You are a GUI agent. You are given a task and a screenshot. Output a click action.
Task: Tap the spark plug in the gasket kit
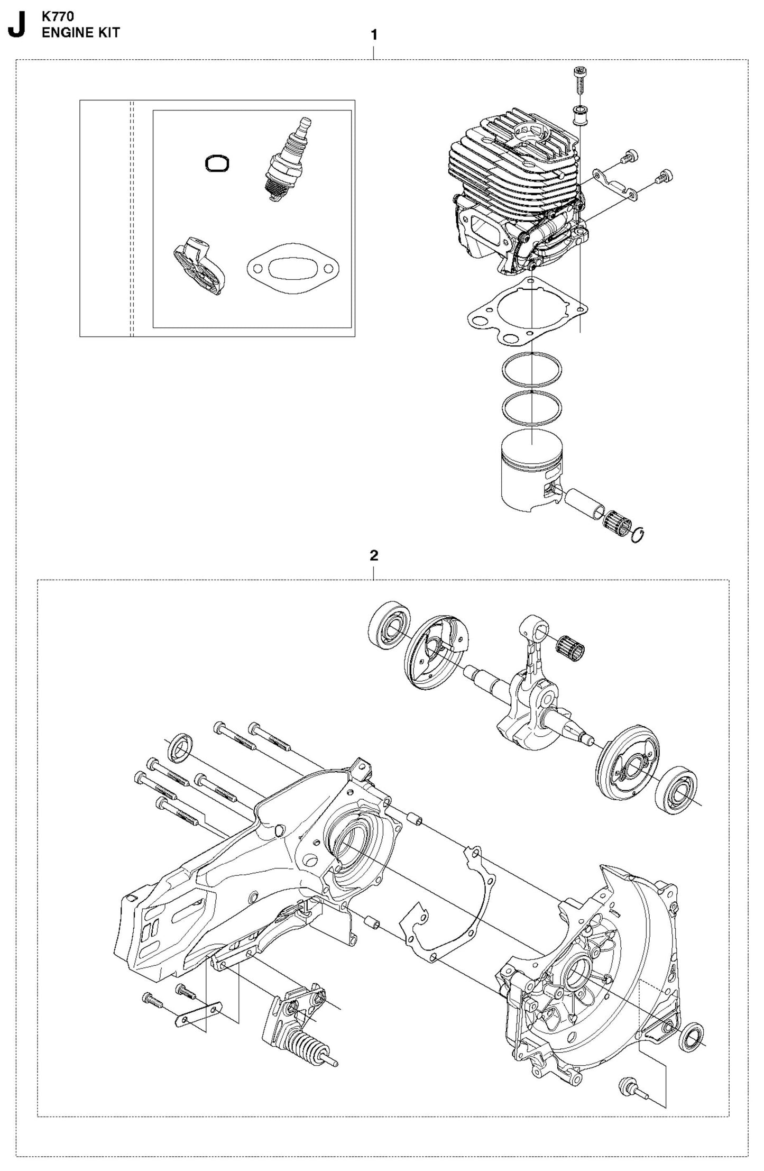tap(286, 158)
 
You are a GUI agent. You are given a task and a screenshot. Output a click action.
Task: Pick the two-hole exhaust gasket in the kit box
tap(285, 269)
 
